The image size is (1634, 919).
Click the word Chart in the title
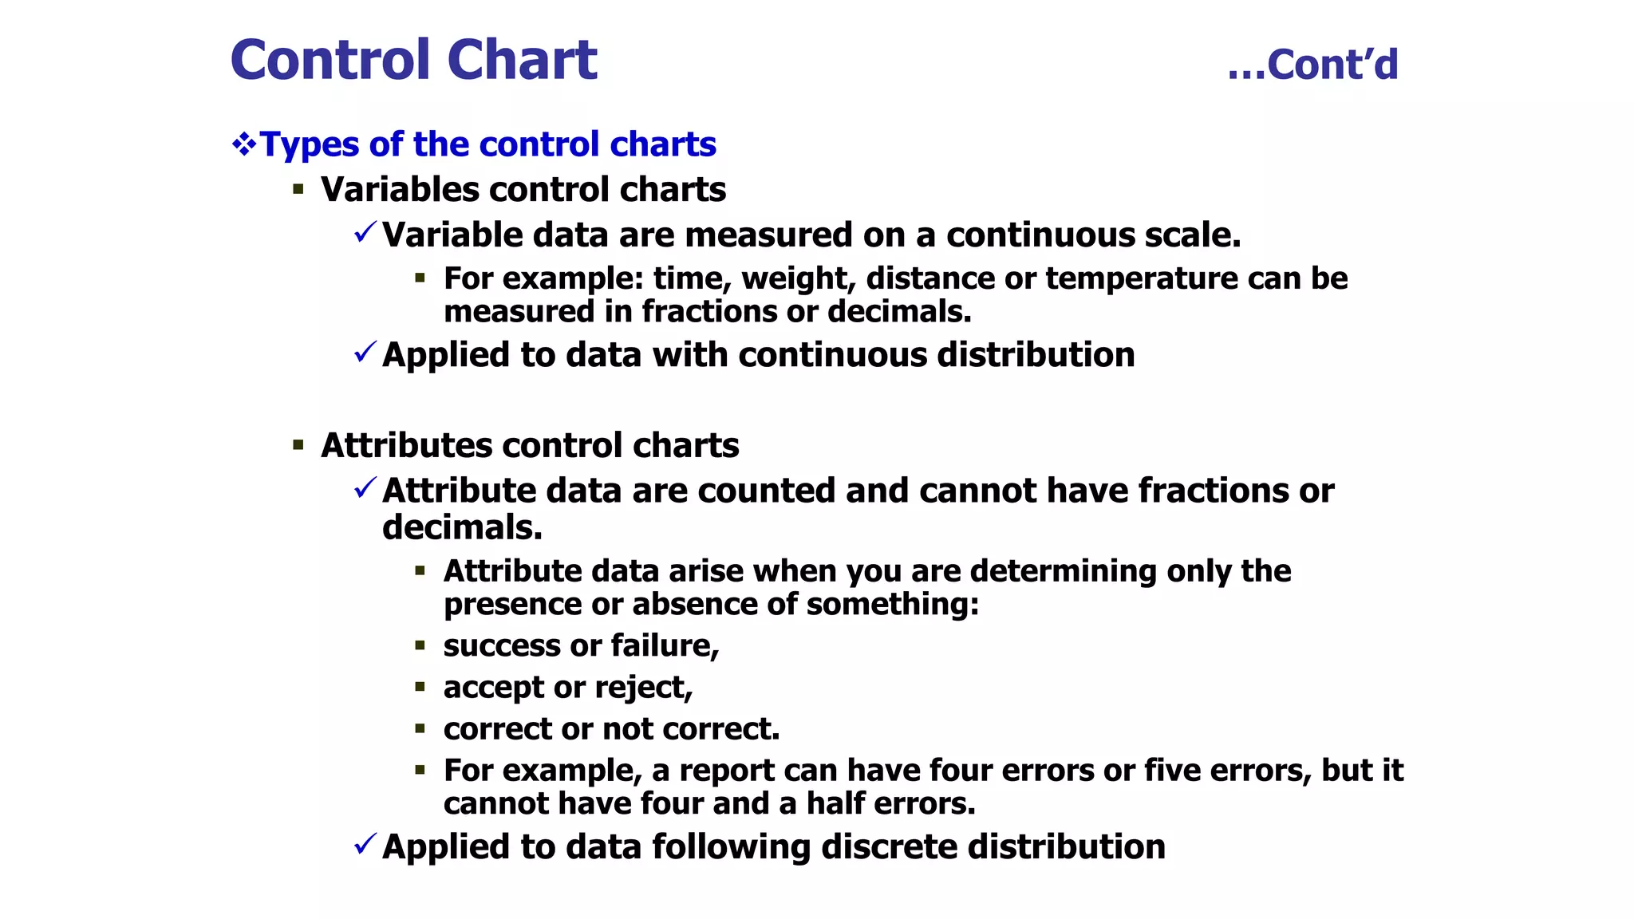522,61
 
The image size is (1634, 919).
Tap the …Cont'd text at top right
1312,65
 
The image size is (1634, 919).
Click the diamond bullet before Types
243,144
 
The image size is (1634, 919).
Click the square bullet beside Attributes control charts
298,445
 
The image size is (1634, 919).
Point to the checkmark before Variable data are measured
365,233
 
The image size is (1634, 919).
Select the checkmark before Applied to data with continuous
365,352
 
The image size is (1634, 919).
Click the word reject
643,688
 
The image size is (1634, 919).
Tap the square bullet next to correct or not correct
420,728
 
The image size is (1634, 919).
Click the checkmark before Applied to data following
365,844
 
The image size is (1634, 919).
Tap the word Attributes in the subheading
405,446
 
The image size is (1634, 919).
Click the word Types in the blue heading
310,145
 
